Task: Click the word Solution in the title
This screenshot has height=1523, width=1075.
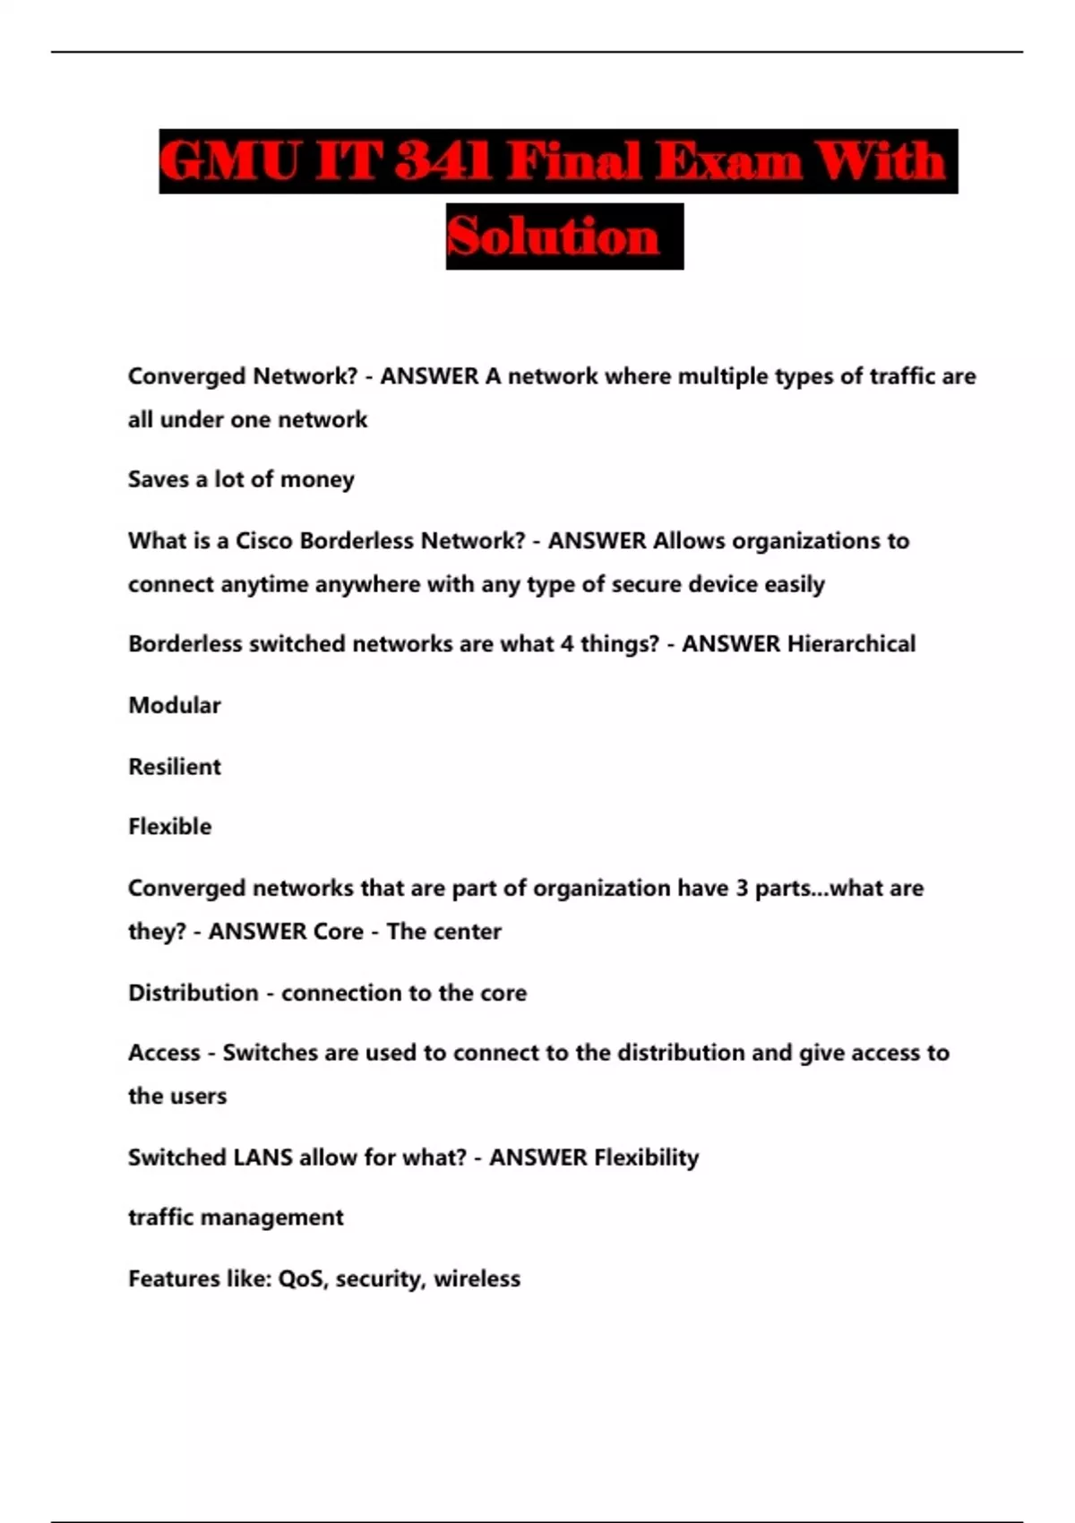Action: pos(553,237)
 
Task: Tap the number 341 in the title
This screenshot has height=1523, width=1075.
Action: pos(443,162)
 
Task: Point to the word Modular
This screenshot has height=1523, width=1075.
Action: pos(175,706)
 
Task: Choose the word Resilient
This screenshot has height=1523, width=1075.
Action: pos(175,767)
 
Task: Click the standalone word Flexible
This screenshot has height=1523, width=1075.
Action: pos(170,827)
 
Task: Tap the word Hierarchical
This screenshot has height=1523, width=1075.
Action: pos(851,644)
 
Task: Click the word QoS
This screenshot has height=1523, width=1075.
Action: pos(302,1279)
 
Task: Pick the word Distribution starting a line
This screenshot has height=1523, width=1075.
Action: pos(193,994)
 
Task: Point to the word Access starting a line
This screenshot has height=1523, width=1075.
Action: pos(164,1053)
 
